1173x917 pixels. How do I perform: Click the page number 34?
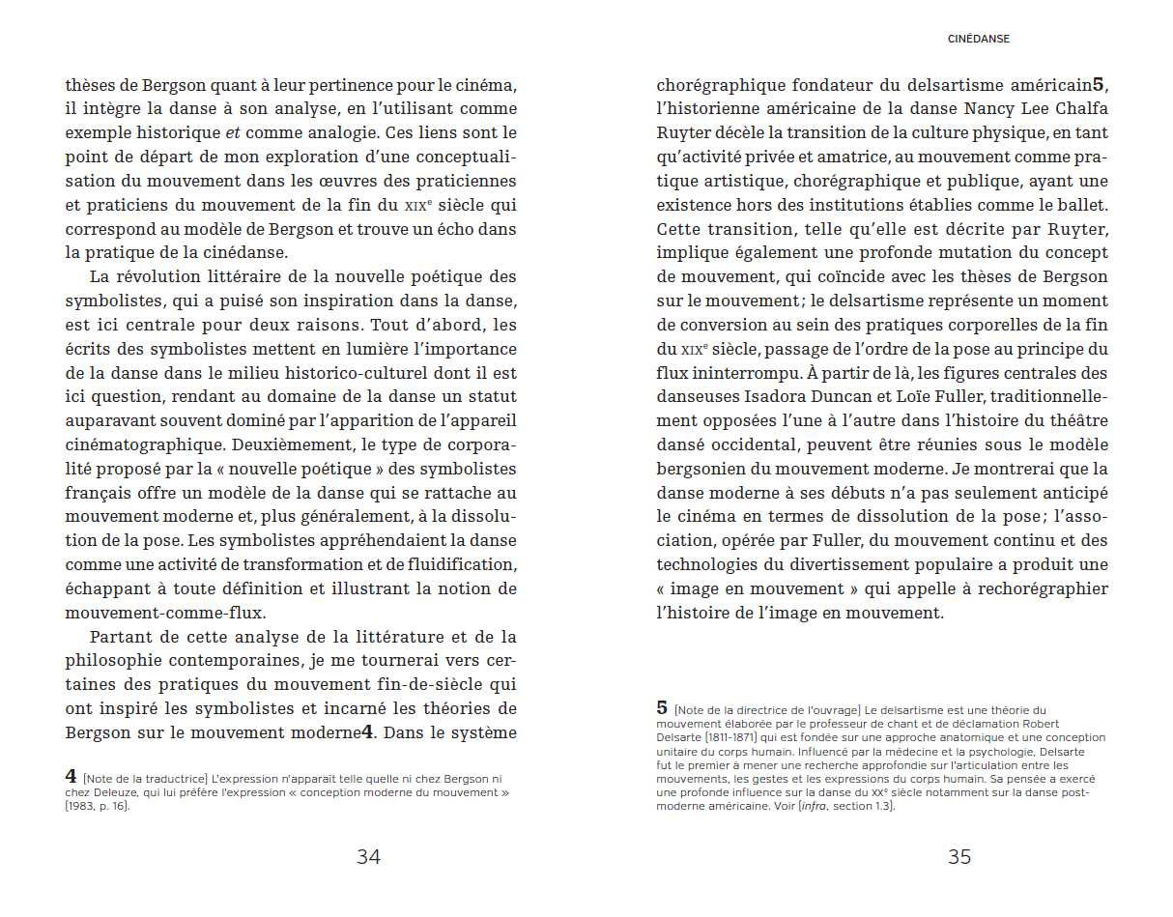tap(368, 856)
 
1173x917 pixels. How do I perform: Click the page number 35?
tap(958, 856)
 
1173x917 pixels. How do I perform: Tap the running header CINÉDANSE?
tap(979, 40)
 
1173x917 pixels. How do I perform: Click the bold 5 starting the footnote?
tap(662, 707)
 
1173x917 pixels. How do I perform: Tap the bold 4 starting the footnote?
tap(71, 776)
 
